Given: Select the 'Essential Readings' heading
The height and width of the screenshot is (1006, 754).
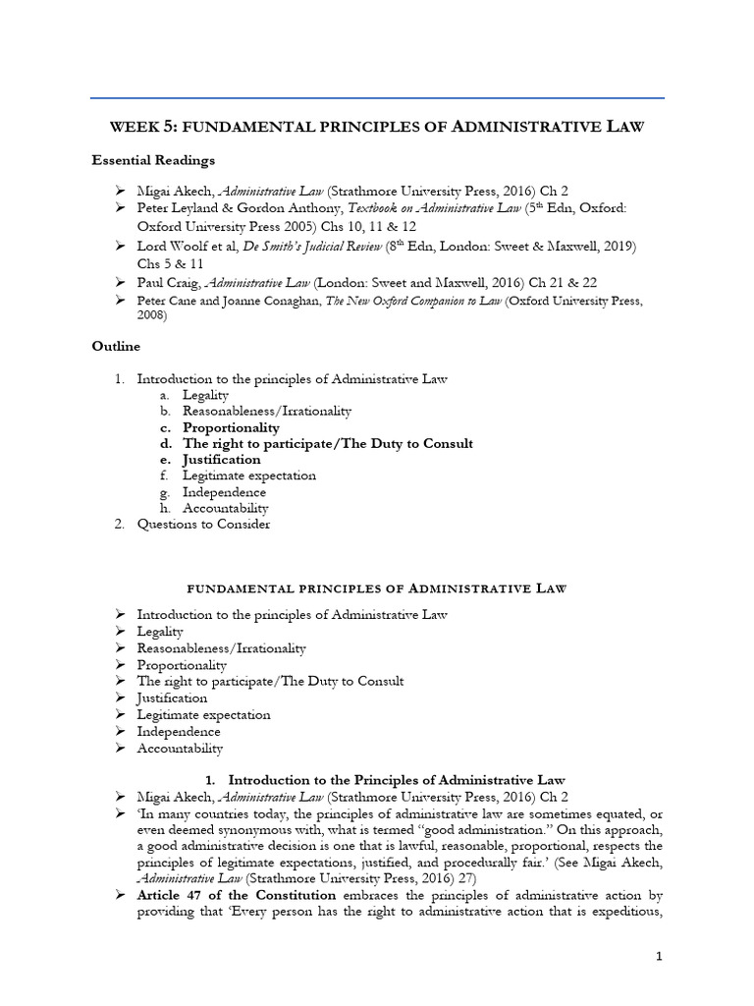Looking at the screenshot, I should coord(153,160).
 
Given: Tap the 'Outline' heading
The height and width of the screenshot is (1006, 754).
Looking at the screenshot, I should coord(116,346).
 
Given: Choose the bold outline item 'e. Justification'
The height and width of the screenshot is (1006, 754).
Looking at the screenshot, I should coord(208,459).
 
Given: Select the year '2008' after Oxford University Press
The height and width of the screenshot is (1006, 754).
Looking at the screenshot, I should coord(151,316).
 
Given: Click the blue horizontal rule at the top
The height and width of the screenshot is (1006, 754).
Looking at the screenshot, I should coord(377,98).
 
